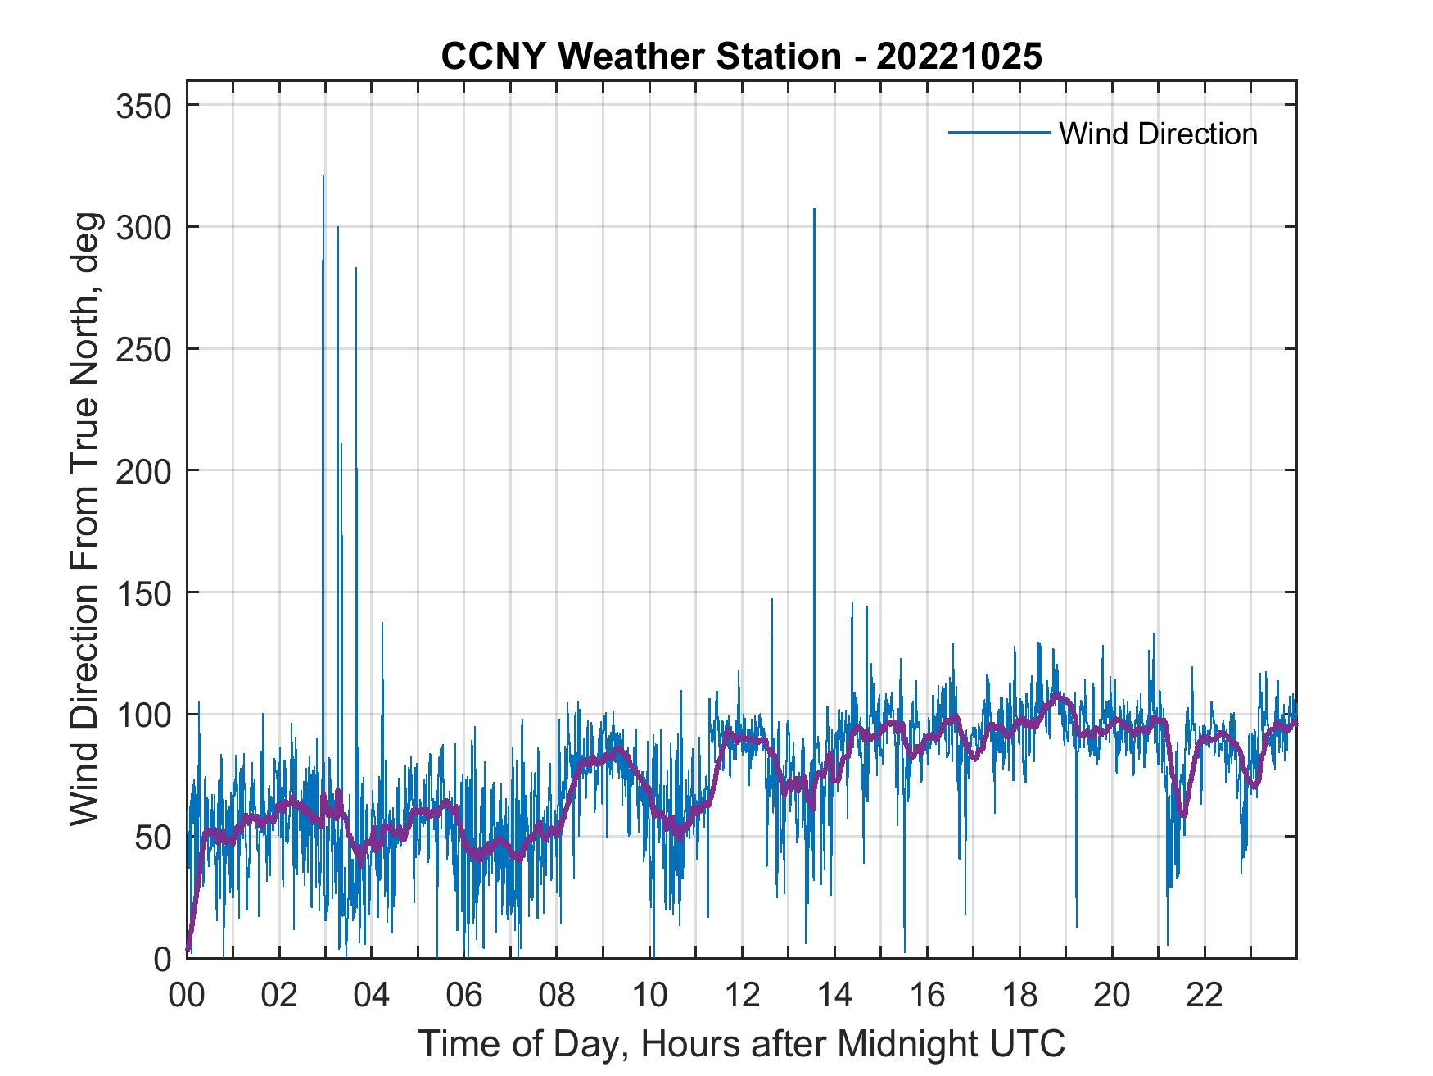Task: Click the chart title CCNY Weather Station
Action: [741, 57]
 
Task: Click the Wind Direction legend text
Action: [1158, 134]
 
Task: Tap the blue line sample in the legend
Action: [999, 133]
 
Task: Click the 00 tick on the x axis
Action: [187, 996]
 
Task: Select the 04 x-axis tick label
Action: [372, 996]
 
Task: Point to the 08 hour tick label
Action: [557, 996]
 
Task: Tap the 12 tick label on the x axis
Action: [742, 996]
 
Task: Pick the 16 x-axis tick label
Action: [927, 996]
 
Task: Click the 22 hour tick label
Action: [1205, 996]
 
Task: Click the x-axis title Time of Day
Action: [742, 1043]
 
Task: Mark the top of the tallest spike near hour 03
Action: [323, 176]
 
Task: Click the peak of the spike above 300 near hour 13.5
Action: [814, 210]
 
